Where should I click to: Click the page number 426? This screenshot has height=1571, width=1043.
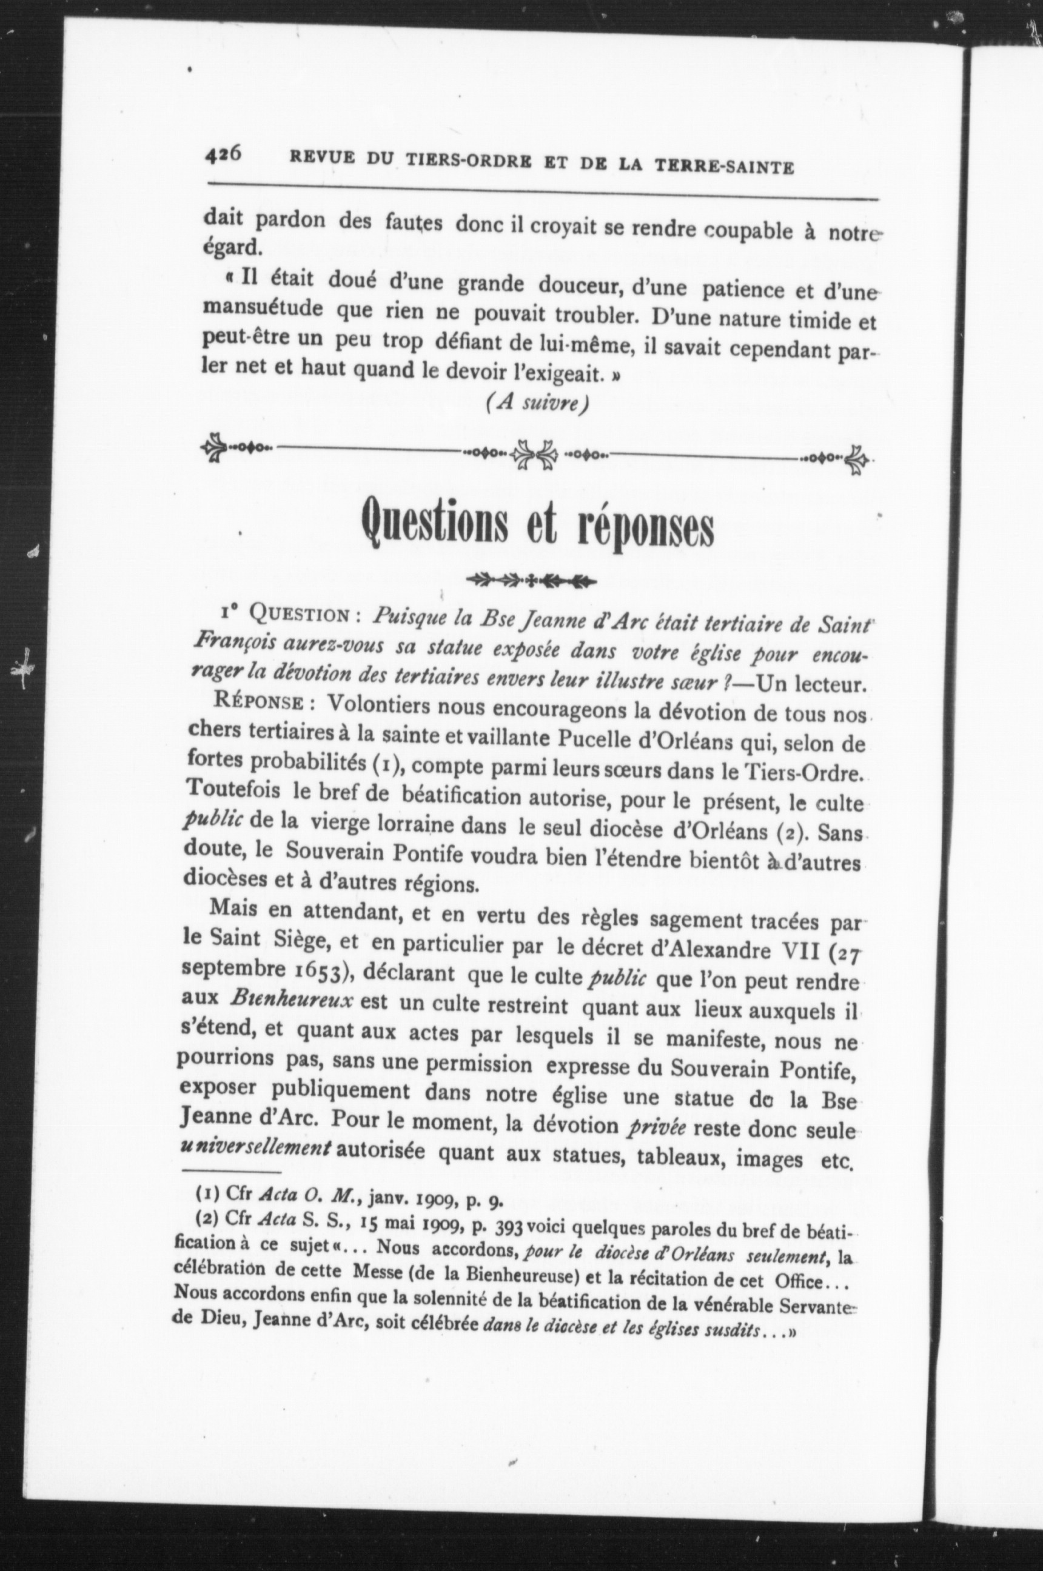[x=222, y=155]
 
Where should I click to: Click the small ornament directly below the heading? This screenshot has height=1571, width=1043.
[x=531, y=581]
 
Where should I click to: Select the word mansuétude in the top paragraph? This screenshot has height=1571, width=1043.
[x=263, y=310]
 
